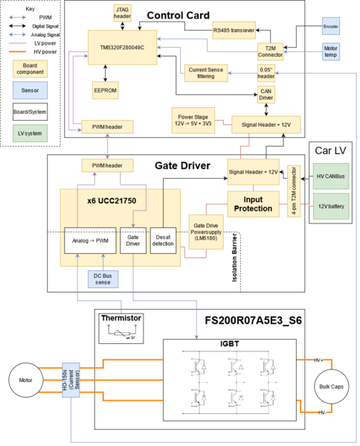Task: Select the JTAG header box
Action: pos(122,13)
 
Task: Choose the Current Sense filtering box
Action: pos(205,73)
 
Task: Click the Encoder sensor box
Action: pos(330,28)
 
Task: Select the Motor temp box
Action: pos(330,54)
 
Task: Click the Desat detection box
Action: pos(161,239)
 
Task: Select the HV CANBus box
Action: pos(331,176)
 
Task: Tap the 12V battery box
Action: pos(331,206)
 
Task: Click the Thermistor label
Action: pos(121,319)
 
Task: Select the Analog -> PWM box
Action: pos(89,239)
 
